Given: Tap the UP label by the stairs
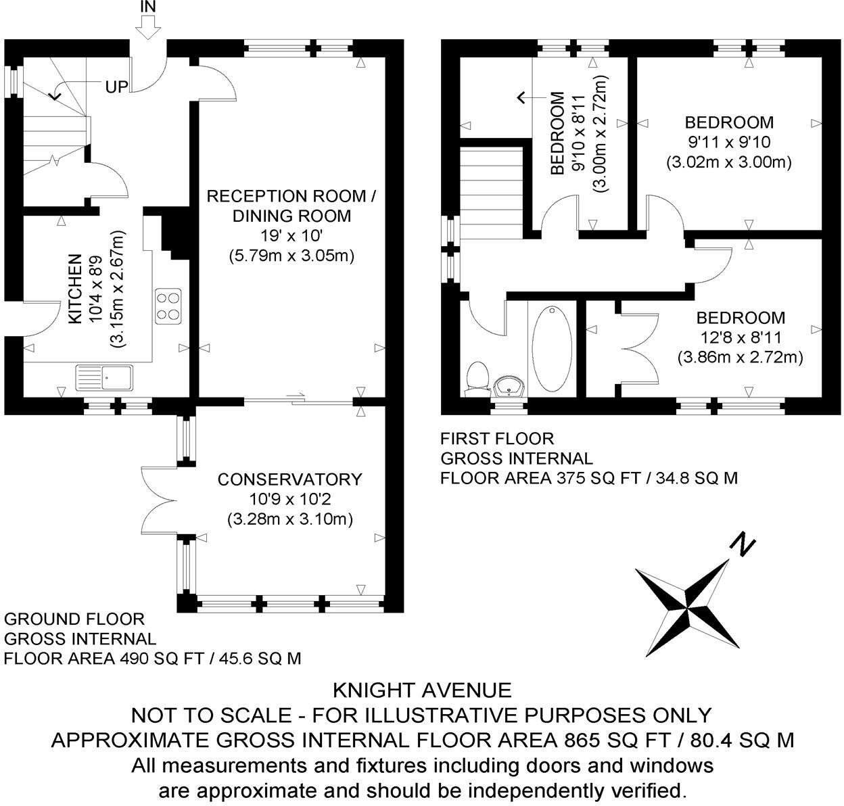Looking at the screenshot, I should (116, 87).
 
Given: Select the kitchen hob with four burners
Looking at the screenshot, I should (168, 305).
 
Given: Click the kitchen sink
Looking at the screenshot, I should (105, 377).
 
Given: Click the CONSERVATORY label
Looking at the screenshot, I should (289, 479).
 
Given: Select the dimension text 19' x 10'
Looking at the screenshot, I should (289, 236).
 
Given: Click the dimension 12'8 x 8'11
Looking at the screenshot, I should (741, 337).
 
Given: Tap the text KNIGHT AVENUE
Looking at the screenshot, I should (422, 690).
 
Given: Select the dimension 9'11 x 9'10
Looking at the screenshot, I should (728, 142).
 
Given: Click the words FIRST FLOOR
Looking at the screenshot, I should (496, 439).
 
